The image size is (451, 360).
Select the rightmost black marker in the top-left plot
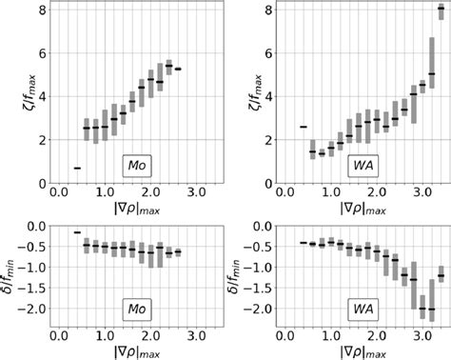pyautogui.click(x=178, y=69)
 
